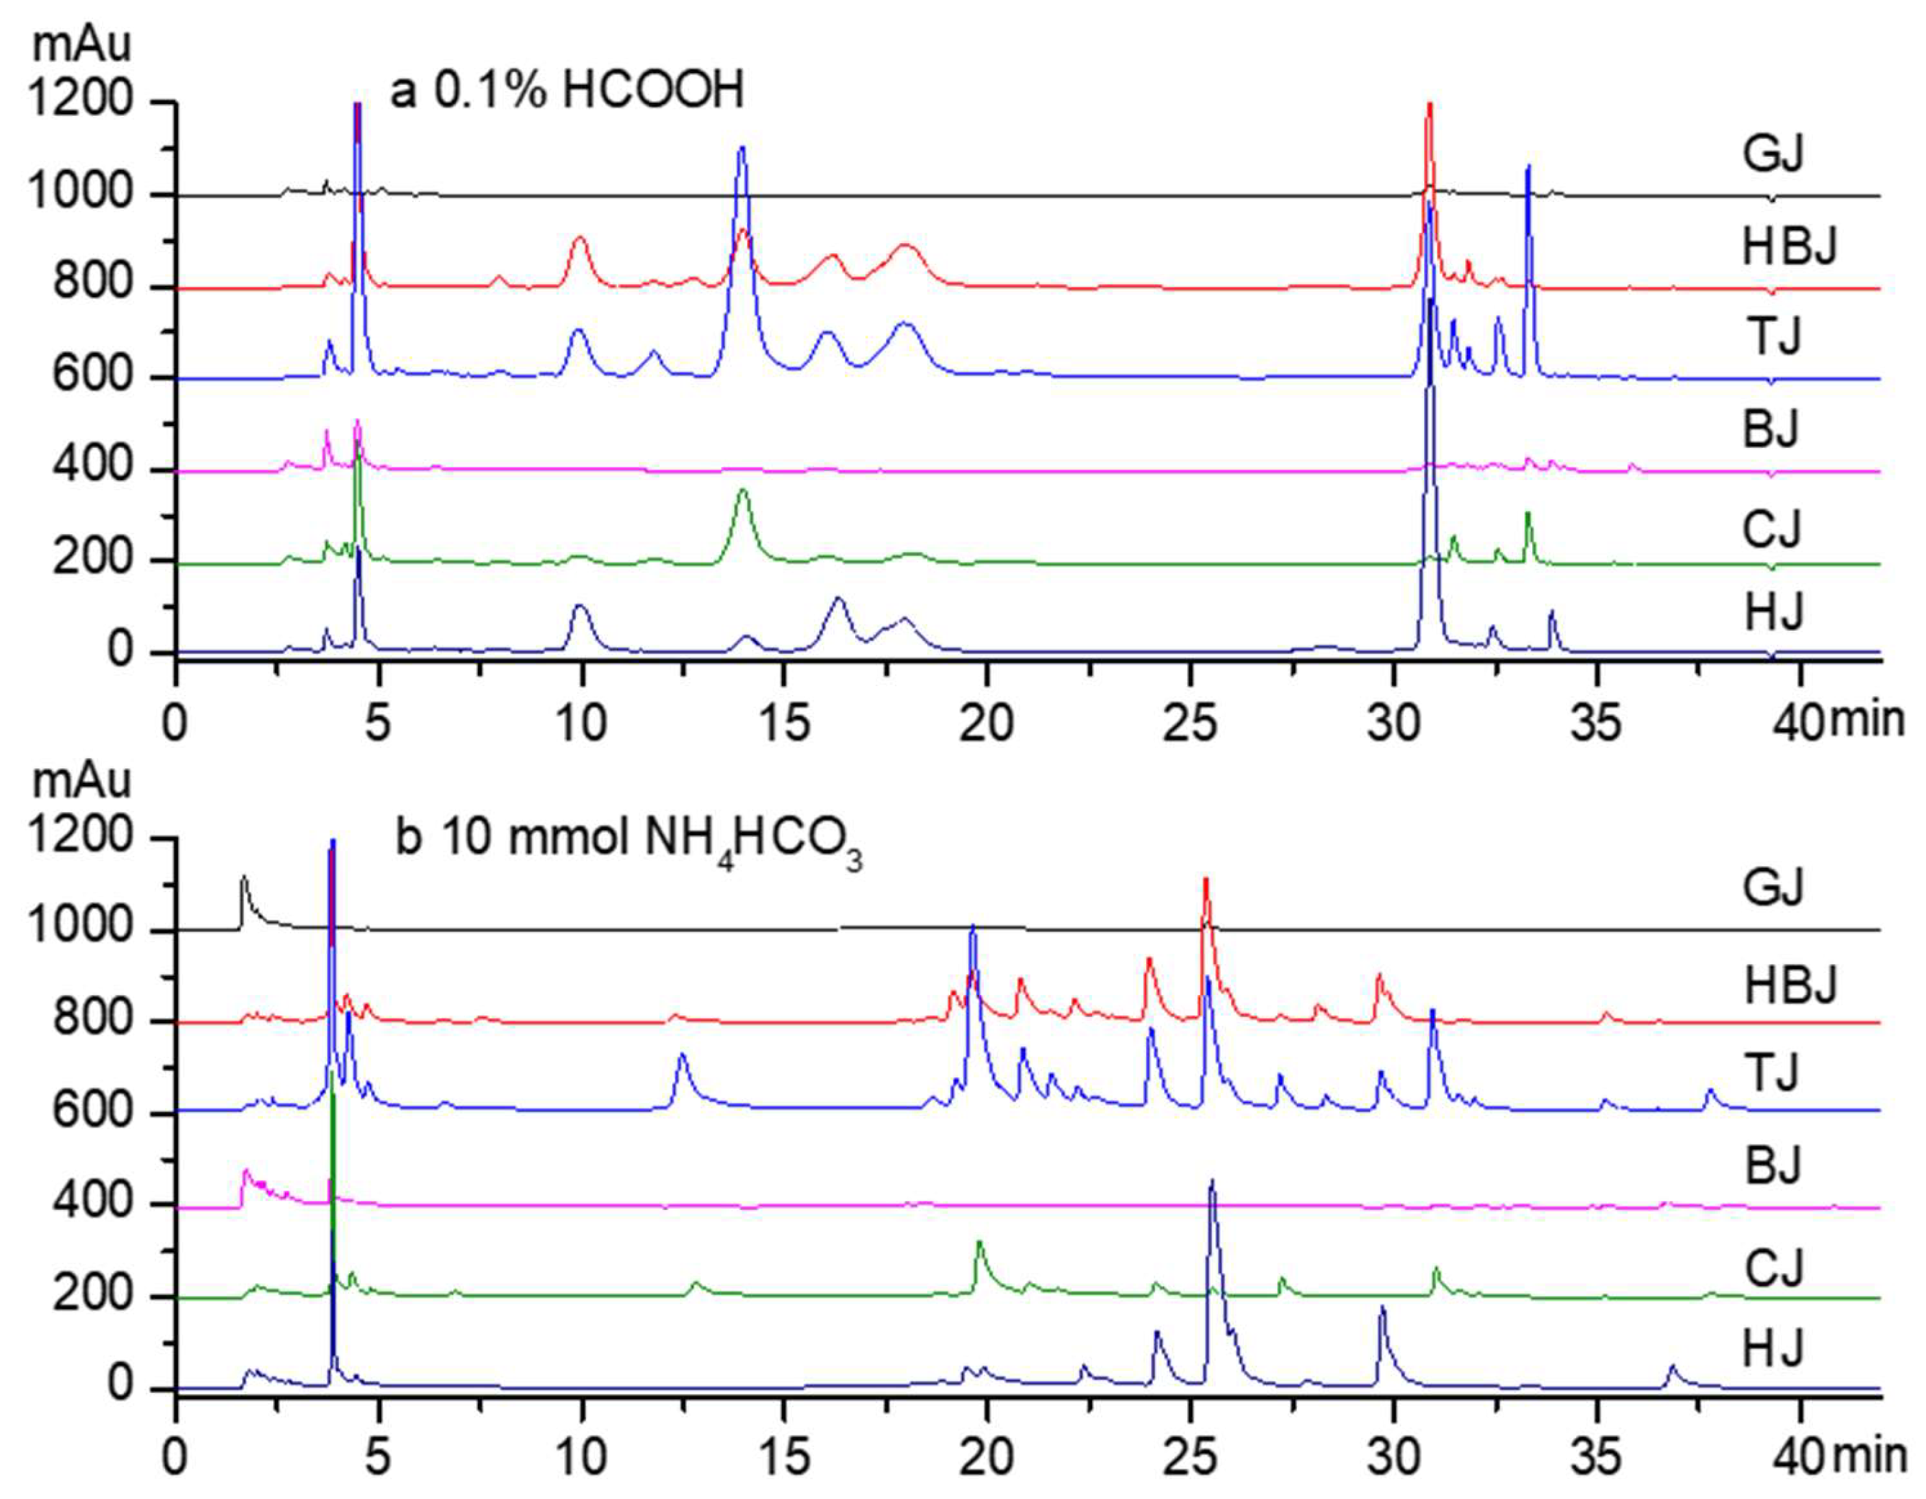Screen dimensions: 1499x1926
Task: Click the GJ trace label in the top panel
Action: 1773,153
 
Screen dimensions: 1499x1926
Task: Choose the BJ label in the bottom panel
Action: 1773,1166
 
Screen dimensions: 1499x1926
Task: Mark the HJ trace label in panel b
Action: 1773,1349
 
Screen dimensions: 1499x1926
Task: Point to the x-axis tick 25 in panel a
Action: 1190,725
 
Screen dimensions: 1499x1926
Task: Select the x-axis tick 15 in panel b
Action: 784,1459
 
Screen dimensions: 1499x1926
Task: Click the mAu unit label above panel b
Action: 81,782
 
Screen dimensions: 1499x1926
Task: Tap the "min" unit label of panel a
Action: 1868,721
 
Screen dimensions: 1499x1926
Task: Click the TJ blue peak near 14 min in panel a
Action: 742,150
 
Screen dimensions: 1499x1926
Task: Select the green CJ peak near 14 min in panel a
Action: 742,492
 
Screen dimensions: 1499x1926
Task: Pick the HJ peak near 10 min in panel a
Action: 579,607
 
